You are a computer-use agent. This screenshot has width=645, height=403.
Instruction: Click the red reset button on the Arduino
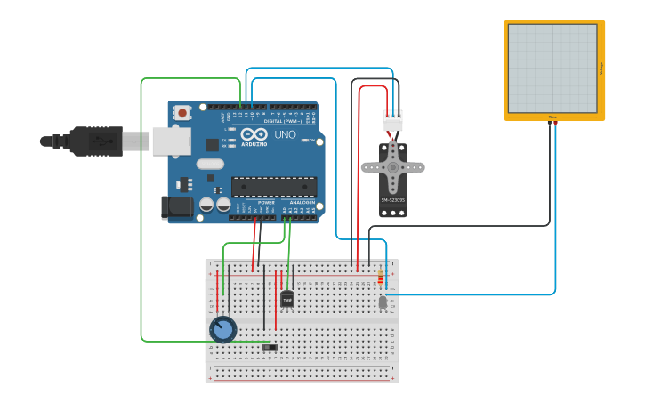click(x=183, y=113)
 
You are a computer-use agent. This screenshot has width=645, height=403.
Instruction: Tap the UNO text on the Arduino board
click(x=284, y=134)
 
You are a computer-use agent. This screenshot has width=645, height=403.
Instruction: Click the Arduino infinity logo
click(x=253, y=134)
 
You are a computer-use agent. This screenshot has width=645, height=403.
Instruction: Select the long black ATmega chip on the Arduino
click(x=274, y=187)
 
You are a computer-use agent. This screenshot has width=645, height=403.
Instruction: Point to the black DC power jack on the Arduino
click(x=175, y=208)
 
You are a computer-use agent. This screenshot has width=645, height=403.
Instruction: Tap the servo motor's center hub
click(x=392, y=166)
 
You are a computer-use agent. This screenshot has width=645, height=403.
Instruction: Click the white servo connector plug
click(x=392, y=120)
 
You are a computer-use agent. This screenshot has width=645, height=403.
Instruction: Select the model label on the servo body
click(x=392, y=200)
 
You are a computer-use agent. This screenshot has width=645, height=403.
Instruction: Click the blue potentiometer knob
click(x=222, y=330)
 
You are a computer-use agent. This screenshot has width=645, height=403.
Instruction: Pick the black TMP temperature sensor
click(x=286, y=300)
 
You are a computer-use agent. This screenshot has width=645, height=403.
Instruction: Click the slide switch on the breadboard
click(x=270, y=346)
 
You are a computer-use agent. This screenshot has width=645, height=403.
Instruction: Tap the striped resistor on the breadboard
click(x=381, y=278)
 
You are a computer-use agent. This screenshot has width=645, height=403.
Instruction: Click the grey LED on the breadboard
click(x=383, y=302)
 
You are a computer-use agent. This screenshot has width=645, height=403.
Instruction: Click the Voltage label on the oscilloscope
click(x=601, y=68)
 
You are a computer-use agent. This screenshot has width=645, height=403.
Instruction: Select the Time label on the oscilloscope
click(x=552, y=117)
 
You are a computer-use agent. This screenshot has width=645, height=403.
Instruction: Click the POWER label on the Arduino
click(x=266, y=203)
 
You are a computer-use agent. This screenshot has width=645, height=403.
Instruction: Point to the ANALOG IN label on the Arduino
click(x=302, y=203)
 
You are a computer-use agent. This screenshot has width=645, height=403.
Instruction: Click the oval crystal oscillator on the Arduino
click(x=210, y=164)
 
